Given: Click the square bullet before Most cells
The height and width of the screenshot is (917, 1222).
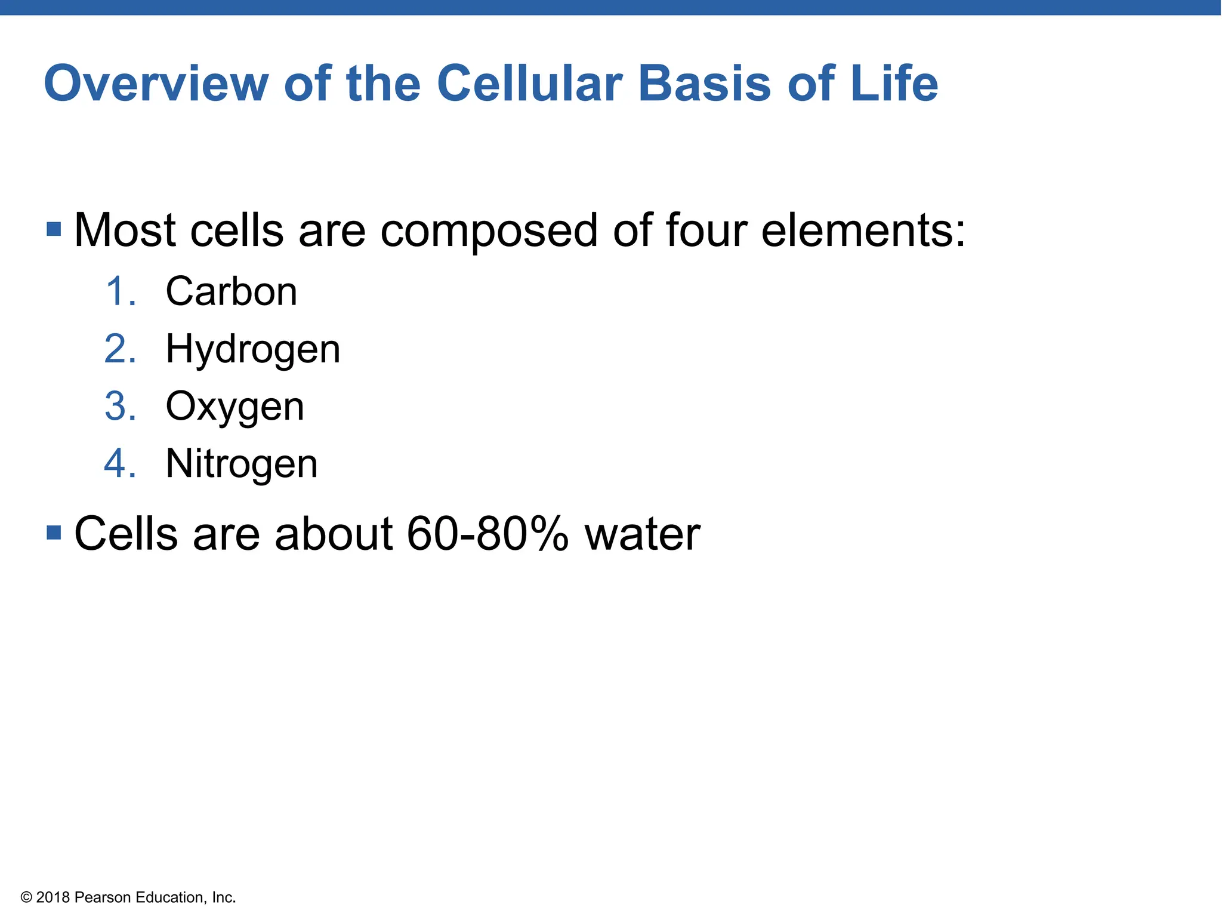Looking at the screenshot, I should click(54, 229).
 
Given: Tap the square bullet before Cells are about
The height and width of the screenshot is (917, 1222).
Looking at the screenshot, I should click(54, 532).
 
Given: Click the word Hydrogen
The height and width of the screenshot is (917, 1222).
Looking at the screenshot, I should click(252, 349).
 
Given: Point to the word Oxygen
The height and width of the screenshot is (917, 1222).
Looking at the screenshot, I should click(234, 407).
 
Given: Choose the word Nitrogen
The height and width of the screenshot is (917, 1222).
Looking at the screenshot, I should click(242, 464).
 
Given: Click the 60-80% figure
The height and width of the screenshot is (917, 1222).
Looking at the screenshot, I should click(487, 533).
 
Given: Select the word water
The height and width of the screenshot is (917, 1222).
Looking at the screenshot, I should click(642, 533).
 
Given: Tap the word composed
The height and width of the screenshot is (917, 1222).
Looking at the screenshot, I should click(489, 231).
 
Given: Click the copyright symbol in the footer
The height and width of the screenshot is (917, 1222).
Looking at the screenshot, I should click(26, 897).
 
